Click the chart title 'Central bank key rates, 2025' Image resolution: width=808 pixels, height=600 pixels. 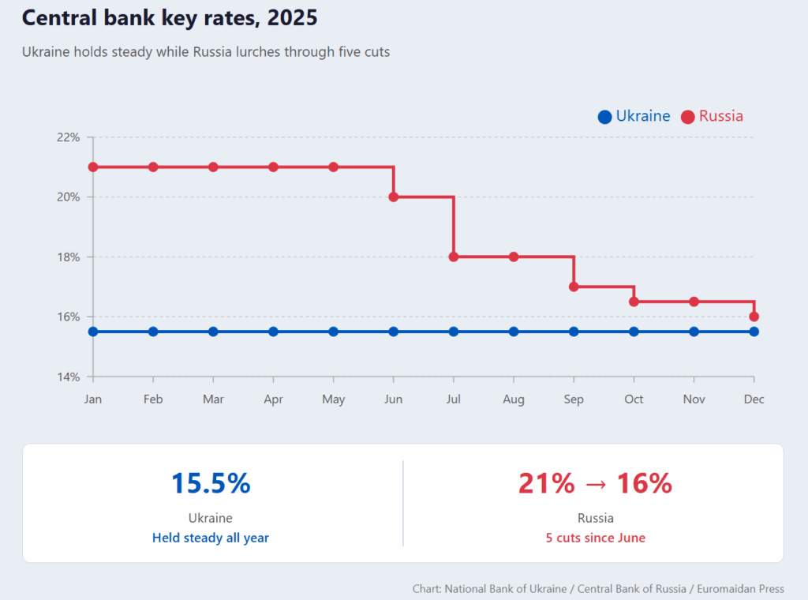pyautogui.click(x=170, y=17)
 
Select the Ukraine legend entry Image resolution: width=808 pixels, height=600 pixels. pyautogui.click(x=634, y=116)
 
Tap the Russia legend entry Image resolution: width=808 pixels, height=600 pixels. pyautogui.click(x=712, y=116)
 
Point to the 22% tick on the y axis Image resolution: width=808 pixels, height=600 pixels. pyautogui.click(x=68, y=137)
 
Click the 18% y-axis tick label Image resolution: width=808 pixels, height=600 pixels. pyautogui.click(x=68, y=257)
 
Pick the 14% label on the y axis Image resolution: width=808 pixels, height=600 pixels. pyautogui.click(x=68, y=377)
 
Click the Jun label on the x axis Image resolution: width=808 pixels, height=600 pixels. pyautogui.click(x=393, y=399)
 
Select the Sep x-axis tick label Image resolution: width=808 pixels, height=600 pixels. pyautogui.click(x=574, y=399)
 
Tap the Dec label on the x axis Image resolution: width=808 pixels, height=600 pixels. pyautogui.click(x=754, y=399)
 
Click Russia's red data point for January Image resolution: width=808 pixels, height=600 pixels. pyautogui.click(x=93, y=167)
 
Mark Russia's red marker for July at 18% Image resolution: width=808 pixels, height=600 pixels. pyautogui.click(x=454, y=257)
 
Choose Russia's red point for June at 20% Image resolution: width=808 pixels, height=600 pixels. pyautogui.click(x=394, y=197)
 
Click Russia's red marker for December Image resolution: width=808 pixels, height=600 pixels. pyautogui.click(x=754, y=317)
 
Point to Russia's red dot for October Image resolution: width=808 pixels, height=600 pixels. pyautogui.click(x=634, y=302)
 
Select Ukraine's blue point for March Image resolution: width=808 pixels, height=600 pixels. pyautogui.click(x=213, y=332)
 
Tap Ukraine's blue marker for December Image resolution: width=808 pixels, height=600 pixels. pyautogui.click(x=754, y=332)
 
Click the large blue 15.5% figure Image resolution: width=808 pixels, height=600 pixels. pyautogui.click(x=211, y=483)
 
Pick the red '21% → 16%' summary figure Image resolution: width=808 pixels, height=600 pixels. pyautogui.click(x=595, y=483)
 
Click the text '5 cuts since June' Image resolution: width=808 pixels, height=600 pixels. pyautogui.click(x=595, y=538)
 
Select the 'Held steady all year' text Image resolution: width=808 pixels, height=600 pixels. pyautogui.click(x=211, y=538)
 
